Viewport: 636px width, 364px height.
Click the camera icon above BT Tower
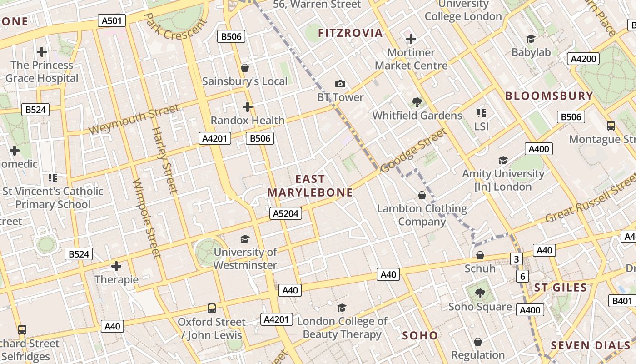click(340, 84)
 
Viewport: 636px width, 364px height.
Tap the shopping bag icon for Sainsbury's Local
click(245, 68)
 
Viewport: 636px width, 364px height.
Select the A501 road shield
click(112, 20)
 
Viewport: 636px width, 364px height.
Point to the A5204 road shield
click(285, 213)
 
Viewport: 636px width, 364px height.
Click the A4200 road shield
click(583, 59)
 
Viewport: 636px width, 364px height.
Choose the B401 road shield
click(622, 301)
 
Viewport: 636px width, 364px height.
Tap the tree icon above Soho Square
click(480, 293)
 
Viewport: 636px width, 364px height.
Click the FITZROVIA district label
click(350, 33)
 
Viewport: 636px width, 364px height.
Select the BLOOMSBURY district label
click(549, 96)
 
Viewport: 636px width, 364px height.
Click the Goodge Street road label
click(414, 150)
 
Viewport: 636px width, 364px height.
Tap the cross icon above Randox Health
click(247, 107)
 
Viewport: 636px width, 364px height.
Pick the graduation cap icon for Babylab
click(531, 39)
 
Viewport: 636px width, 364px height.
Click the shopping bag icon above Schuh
click(480, 255)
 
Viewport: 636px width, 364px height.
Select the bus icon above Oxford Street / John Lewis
click(212, 308)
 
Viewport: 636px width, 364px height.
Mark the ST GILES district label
click(560, 288)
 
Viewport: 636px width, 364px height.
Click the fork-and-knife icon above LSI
click(482, 113)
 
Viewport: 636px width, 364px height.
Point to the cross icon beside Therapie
click(116, 266)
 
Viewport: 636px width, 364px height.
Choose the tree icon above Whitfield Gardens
click(417, 102)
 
